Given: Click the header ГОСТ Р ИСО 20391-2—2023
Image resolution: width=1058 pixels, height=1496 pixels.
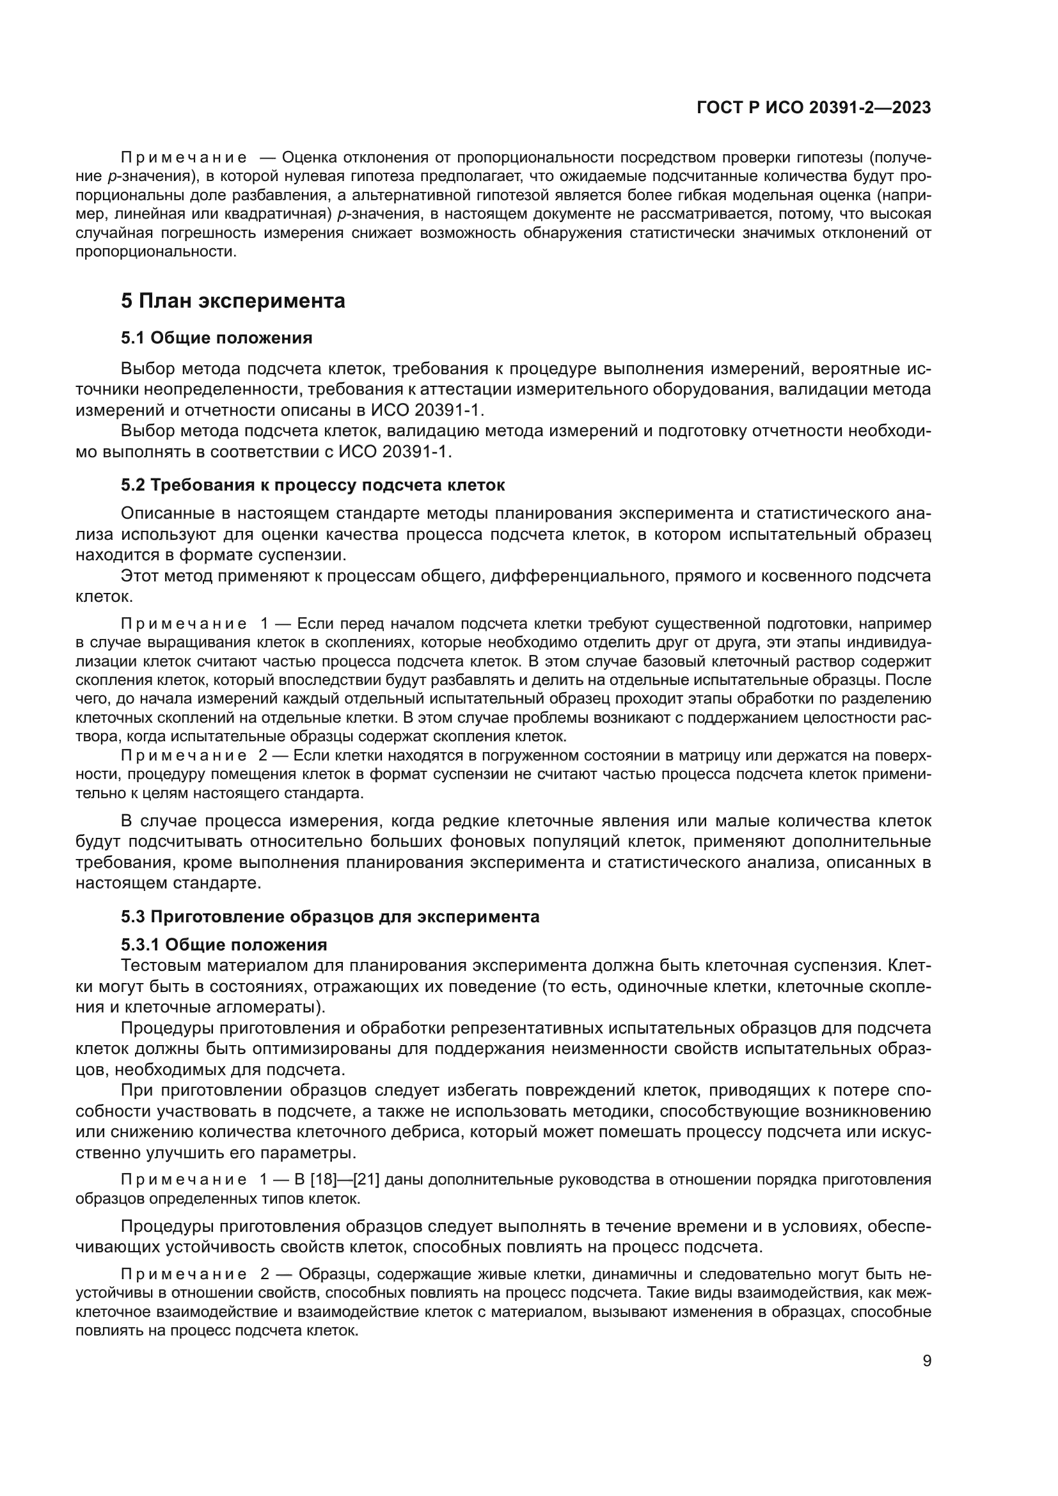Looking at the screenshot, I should pos(814,107).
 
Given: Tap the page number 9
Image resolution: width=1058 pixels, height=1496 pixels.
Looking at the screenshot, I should pos(927,1360).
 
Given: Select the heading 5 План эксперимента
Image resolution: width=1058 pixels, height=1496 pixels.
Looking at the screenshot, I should pos(233,301).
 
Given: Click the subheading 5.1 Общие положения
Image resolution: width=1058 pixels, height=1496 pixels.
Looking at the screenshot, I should pos(216,338).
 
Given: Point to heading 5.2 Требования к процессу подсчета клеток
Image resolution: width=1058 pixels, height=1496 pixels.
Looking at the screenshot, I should pos(313,485).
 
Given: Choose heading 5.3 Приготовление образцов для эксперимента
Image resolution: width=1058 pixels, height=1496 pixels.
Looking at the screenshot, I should pos(329,917).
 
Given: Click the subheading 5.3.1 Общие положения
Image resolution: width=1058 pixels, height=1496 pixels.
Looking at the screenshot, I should pos(223,944).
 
